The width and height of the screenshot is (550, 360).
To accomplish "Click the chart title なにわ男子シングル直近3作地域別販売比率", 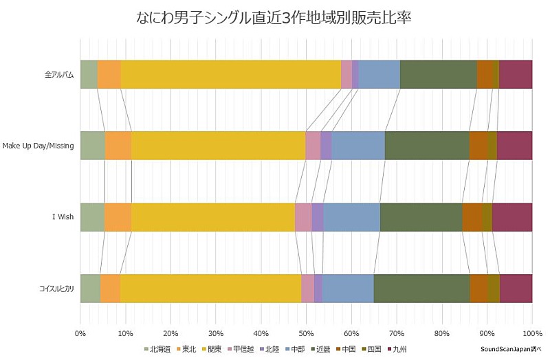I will [274, 17].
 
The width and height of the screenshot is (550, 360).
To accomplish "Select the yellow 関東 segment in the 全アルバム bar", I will [231, 74].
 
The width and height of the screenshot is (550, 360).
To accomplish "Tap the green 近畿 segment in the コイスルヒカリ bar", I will [421, 289].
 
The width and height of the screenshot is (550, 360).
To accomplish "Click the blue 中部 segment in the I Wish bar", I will [351, 217].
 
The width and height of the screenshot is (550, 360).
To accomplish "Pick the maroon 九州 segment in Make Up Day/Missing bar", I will [514, 146].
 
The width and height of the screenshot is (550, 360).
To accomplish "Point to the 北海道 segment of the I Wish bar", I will [92, 217].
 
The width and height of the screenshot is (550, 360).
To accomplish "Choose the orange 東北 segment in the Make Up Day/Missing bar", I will [118, 146].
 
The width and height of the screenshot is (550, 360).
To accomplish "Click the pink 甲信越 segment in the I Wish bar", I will [303, 217].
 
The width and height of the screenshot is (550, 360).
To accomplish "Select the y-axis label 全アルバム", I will [58, 75].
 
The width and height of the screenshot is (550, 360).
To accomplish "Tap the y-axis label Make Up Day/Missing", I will [38, 146].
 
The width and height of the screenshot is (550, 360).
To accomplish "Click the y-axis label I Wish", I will [63, 218].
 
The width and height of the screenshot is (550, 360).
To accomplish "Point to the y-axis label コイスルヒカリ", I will [56, 289].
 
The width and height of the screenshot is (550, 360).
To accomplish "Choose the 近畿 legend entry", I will [321, 349].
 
